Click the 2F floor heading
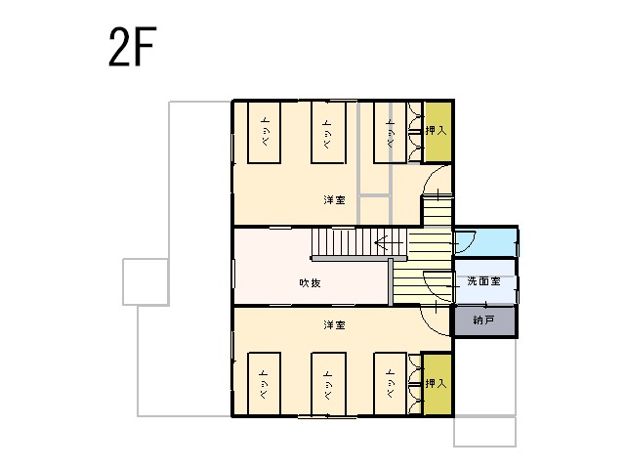coord(132,47)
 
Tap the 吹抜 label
coord(310,283)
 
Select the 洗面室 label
coord(483,281)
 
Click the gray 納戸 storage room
coord(484,320)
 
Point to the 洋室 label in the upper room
coord(334,199)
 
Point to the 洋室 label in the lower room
coord(334,325)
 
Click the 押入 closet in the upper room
coord(437,132)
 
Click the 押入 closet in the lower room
coord(437,384)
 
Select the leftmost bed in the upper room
coord(264,133)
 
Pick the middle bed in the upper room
coord(328,133)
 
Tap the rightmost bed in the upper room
coord(391,133)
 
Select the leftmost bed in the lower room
coord(264,384)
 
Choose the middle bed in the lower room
coord(328,384)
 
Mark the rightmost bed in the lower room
coord(391,384)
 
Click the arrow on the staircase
coord(389,242)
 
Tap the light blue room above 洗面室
coord(486,242)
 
